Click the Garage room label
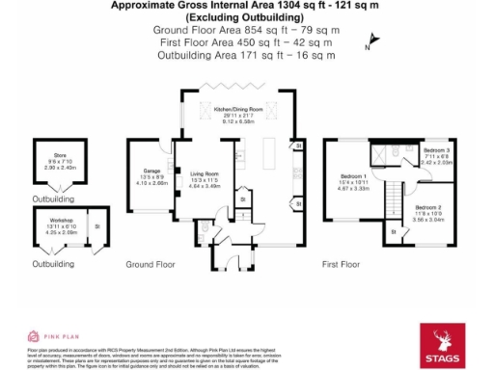click(151, 170)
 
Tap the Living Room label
click(204, 173)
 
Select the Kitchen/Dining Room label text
click(239, 111)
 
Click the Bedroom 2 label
click(428, 207)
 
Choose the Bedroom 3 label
click(436, 151)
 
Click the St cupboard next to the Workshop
click(97, 227)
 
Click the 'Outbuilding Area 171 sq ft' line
click(245, 55)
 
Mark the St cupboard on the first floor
click(394, 231)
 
